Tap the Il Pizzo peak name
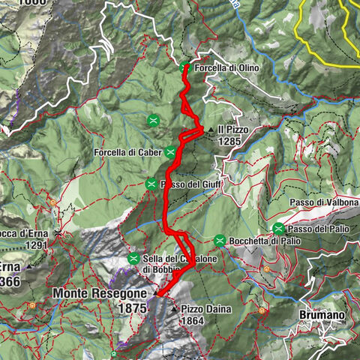pyautogui.click(x=232, y=129)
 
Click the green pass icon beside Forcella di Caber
pyautogui.click(x=171, y=152)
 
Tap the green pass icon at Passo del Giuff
pyautogui.click(x=151, y=184)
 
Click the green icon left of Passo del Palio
pyautogui.click(x=278, y=228)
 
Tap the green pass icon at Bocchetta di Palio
pyautogui.click(x=220, y=241)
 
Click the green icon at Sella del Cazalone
pyautogui.click(x=133, y=259)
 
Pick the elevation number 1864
pyautogui.click(x=193, y=320)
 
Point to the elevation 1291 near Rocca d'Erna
pyautogui.click(x=35, y=244)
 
